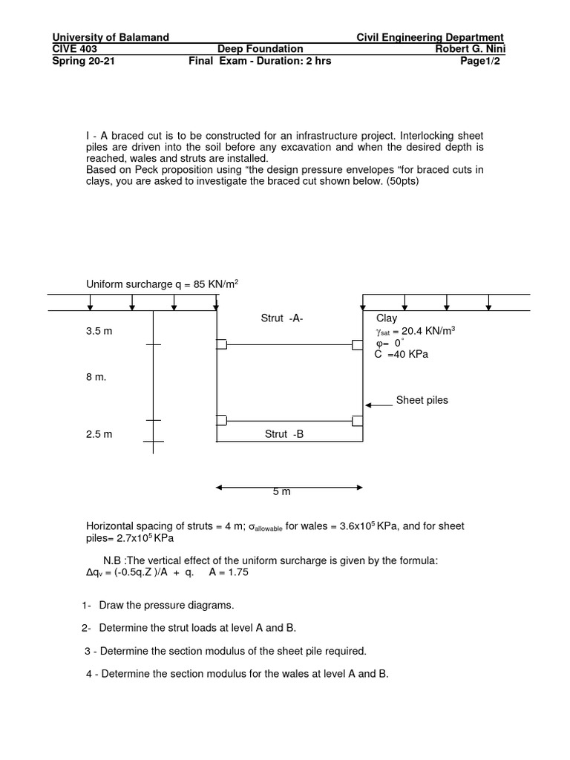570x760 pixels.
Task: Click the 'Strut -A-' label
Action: pos(282,318)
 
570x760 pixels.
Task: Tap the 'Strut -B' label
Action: pos(284,434)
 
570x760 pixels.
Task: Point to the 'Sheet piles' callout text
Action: pos(422,400)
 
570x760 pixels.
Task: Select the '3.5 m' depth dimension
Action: pos(99,331)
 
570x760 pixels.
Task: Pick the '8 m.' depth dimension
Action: pos(96,377)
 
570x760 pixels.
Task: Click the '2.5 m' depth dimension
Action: pos(99,434)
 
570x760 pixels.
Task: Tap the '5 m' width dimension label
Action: pos(282,492)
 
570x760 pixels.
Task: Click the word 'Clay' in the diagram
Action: pos(387,318)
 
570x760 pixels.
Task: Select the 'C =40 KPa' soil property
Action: pos(402,355)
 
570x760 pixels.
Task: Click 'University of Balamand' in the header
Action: pos(111,37)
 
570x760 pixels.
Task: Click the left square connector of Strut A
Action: pos(221,344)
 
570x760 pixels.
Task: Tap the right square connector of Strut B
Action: pos(358,421)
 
